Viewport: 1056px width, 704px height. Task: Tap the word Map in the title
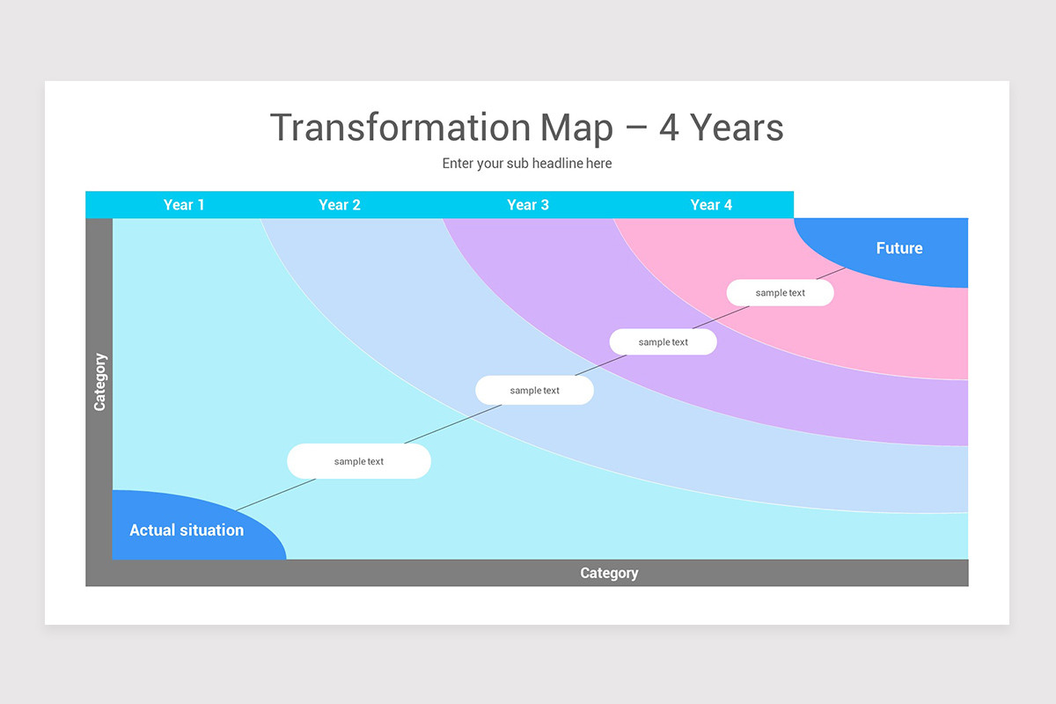[x=576, y=128]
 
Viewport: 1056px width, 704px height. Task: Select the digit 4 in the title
[x=669, y=128]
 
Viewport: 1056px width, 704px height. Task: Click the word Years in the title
[x=737, y=128]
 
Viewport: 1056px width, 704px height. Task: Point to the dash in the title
[x=635, y=129]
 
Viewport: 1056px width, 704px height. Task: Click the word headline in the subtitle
[x=554, y=164]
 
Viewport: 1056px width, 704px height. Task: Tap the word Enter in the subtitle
[x=458, y=164]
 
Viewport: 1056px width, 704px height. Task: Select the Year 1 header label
[x=184, y=205]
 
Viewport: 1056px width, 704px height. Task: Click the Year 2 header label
[x=340, y=205]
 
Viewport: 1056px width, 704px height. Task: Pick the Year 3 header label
[x=528, y=205]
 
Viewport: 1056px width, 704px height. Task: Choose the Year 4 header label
[x=711, y=205]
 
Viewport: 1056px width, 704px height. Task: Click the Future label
[x=899, y=248]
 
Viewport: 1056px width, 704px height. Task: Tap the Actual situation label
[x=187, y=530]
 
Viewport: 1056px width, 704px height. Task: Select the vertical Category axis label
[x=99, y=382]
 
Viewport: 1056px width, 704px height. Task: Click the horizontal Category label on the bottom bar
[x=609, y=573]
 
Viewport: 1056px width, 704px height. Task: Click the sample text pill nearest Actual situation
[x=359, y=461]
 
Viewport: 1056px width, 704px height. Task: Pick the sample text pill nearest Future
[x=780, y=292]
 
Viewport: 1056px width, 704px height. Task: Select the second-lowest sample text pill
[x=534, y=390]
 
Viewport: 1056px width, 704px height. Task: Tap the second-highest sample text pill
[x=663, y=341]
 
